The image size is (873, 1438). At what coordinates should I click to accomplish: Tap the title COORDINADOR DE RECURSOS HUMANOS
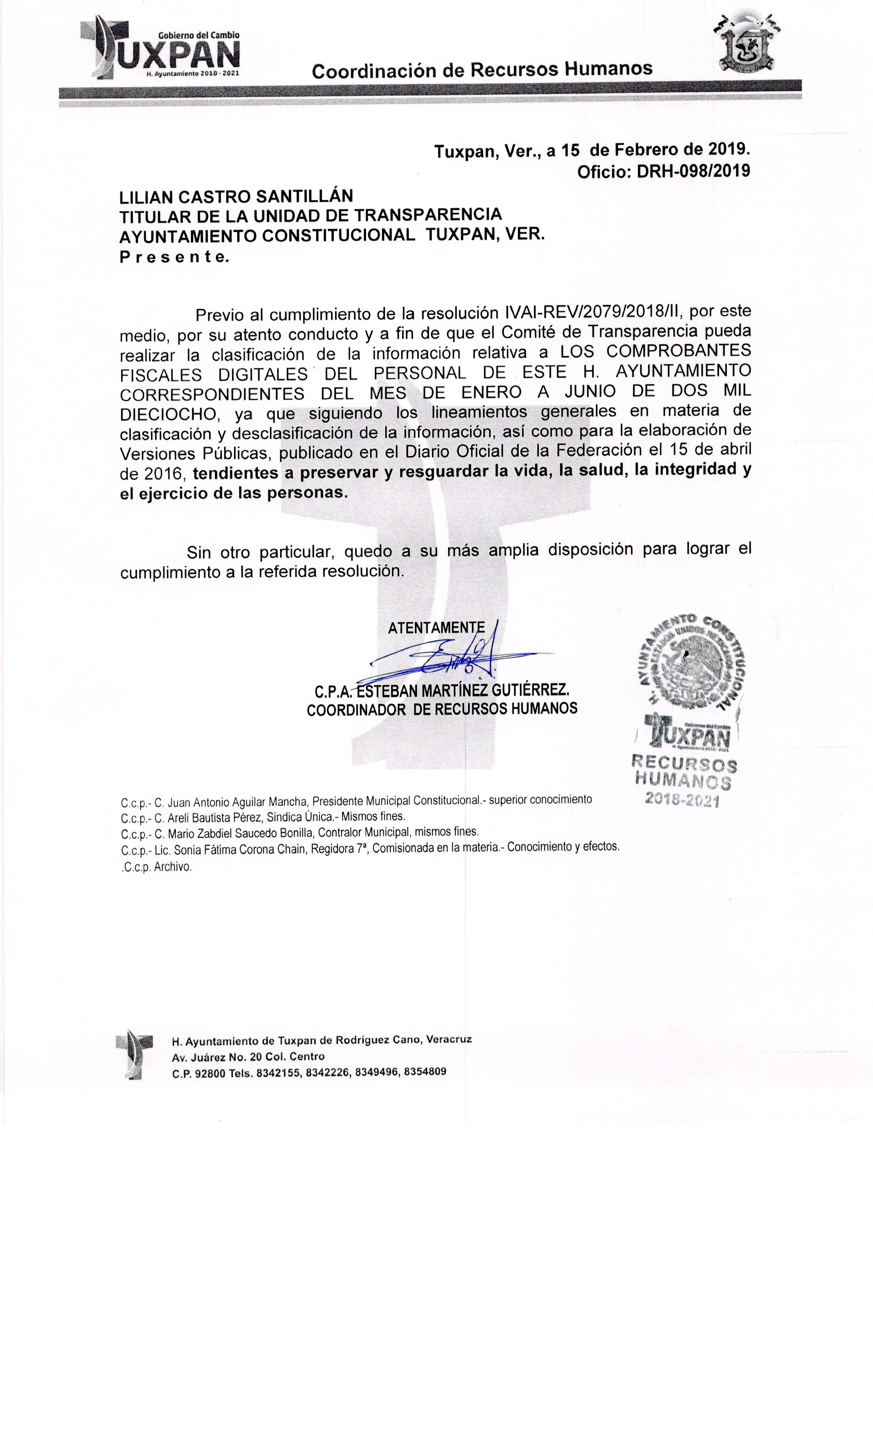tap(442, 708)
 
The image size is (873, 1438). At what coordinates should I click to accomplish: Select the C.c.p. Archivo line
tap(156, 867)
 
